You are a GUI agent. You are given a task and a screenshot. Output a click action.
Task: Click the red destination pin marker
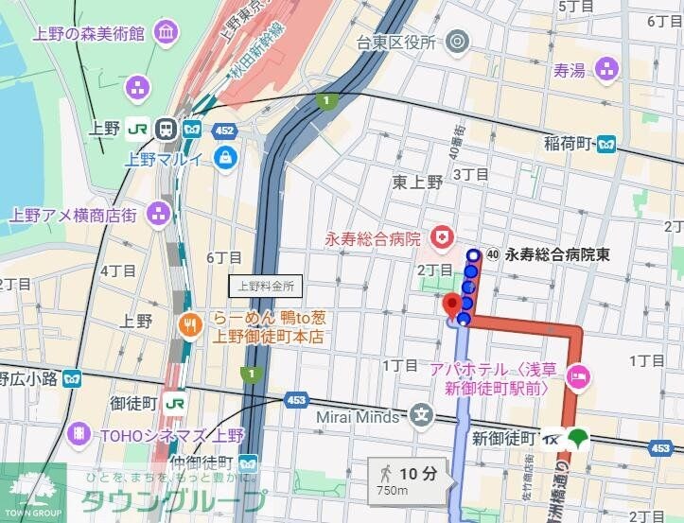coord(452,304)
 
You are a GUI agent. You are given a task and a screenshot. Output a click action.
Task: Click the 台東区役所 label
coord(395,42)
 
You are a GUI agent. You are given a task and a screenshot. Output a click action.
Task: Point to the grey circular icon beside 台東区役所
coord(457,41)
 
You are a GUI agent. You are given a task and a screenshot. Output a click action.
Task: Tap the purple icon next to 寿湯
coord(606,68)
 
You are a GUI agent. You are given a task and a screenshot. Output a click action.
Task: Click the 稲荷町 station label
coord(567,144)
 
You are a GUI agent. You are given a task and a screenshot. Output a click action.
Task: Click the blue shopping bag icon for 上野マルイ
coord(225,157)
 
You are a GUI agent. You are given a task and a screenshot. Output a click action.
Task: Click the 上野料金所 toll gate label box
coord(266,285)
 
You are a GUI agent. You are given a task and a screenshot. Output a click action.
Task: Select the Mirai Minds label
coord(364,413)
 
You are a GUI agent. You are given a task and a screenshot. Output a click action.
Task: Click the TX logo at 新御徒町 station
coord(551,439)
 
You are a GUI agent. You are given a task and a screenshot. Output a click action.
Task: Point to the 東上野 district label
coord(416,183)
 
